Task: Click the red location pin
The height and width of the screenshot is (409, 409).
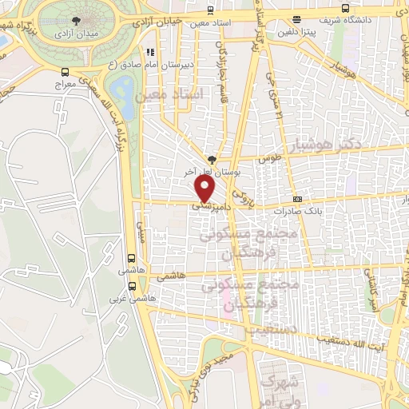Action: (x=205, y=188)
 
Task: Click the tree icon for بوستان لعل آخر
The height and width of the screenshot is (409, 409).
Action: (x=211, y=160)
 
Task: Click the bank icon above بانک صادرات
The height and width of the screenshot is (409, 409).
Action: (x=297, y=199)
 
